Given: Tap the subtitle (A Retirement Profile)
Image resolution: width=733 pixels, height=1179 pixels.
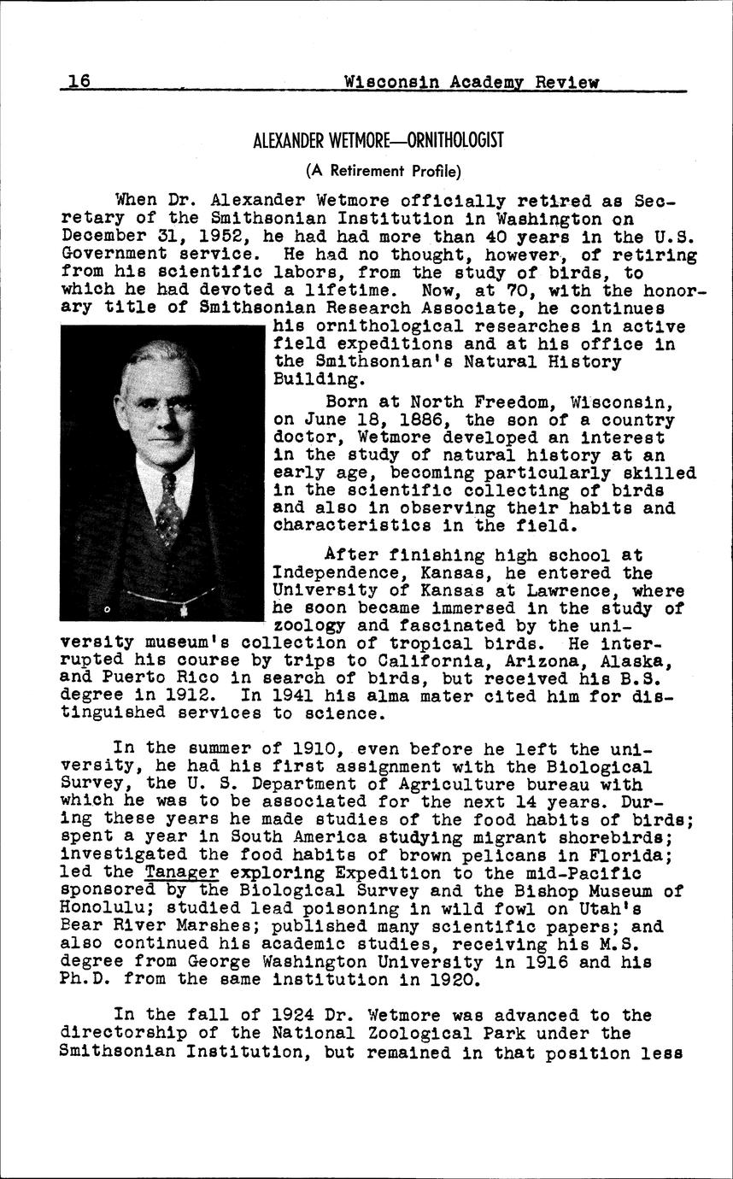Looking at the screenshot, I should [x=384, y=171].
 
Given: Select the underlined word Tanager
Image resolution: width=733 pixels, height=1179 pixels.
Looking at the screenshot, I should [x=181, y=873].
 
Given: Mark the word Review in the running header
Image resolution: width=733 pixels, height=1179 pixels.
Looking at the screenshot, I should [x=566, y=82].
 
